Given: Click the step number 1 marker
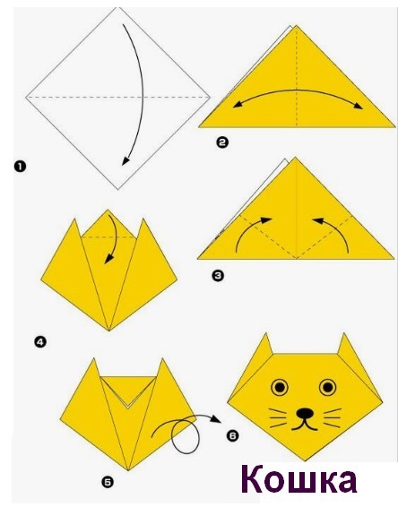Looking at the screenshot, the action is (20, 167).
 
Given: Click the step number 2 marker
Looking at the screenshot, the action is (222, 142).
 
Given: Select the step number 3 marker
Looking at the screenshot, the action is (218, 276).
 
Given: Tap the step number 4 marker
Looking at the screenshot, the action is (40, 342).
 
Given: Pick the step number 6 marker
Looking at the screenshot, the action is (233, 435).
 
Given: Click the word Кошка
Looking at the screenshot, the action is (298, 479).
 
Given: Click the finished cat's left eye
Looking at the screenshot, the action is (280, 387).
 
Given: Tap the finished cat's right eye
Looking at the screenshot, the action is (327, 387).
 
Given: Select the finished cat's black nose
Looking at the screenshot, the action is (305, 413).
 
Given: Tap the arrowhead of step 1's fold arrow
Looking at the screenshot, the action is (125, 160).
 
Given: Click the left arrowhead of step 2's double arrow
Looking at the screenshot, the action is (238, 104).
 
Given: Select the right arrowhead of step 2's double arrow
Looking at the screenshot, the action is (359, 106).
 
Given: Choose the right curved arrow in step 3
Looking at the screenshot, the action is (337, 229).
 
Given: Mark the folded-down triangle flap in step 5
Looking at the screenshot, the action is (128, 388).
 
